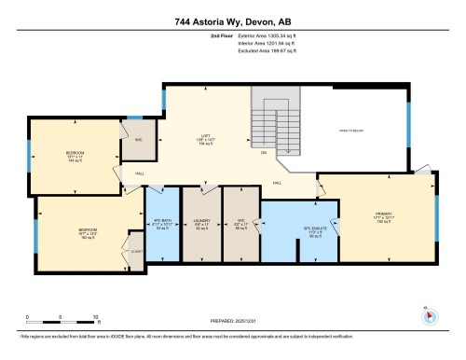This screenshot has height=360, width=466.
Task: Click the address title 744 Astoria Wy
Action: point(232,21)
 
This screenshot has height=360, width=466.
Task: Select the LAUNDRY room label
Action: point(200,222)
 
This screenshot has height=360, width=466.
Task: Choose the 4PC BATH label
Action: point(160,222)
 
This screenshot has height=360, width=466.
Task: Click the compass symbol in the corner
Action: point(429,313)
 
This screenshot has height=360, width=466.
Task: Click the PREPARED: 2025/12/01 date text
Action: point(233,319)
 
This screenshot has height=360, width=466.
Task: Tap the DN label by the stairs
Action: point(264,152)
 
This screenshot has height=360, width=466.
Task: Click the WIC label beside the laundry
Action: point(240,222)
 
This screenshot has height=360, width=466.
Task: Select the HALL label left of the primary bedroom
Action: point(277,183)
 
